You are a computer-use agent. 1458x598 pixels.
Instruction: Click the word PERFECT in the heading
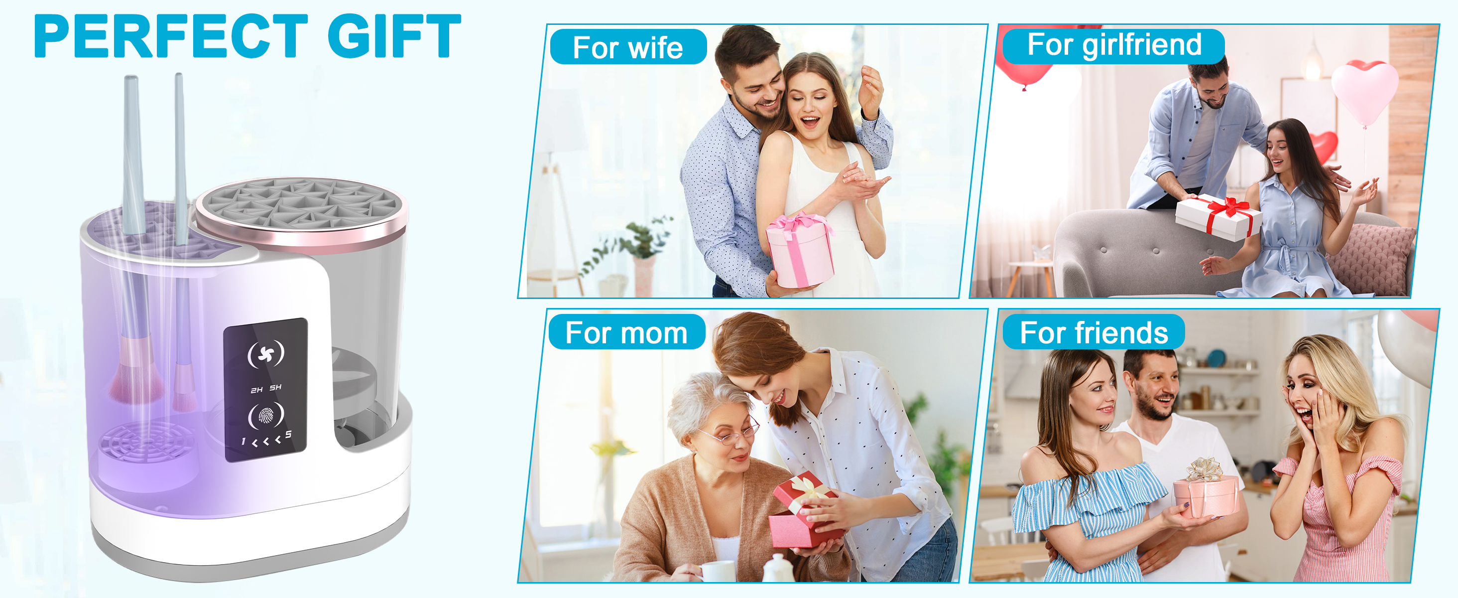coord(170,36)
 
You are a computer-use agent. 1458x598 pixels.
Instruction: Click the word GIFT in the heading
coord(394,36)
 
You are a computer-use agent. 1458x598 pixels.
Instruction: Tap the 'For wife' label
coord(628,47)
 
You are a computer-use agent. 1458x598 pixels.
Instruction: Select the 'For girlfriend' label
coord(1113,45)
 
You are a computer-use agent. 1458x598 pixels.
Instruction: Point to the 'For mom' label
coord(626,332)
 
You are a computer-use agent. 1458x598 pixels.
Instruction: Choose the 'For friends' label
coord(1093,332)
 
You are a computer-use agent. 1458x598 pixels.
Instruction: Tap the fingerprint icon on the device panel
coord(265,416)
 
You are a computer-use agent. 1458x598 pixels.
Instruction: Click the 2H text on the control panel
coord(256,390)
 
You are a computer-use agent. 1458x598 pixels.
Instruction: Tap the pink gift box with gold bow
coord(1205,490)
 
